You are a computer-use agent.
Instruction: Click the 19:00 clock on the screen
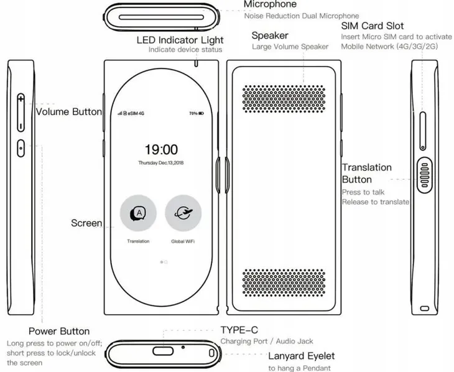point(161,150)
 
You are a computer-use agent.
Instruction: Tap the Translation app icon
point(139,213)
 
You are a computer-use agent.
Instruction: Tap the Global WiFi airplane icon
point(183,213)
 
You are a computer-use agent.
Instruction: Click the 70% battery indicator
point(197,113)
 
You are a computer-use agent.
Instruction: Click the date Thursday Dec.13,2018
point(161,163)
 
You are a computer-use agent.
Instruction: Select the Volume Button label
point(69,112)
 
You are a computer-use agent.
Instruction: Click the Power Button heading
point(59,331)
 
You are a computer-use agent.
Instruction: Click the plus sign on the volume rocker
point(21,99)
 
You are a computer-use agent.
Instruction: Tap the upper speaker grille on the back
point(284,99)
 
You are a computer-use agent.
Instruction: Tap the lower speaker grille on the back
point(284,282)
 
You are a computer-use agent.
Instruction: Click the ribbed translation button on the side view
point(425,175)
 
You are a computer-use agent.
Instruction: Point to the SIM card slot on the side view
point(423,131)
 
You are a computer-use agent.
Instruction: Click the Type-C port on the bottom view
point(163,351)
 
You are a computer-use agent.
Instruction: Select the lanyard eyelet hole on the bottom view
point(211,353)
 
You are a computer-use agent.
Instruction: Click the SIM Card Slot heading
point(373,26)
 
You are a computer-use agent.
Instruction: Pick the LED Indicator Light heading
point(180,40)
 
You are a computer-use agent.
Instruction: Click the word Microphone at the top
point(270,4)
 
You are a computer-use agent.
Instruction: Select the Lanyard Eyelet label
point(302,356)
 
